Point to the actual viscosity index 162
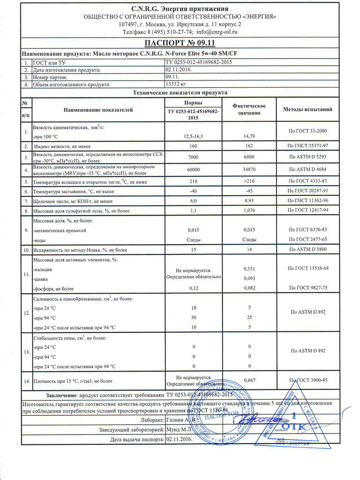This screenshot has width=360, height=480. coord(249,146)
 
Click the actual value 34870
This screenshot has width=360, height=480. coord(249,169)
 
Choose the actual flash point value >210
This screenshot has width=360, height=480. coord(249,181)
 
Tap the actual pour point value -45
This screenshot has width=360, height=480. coord(249,191)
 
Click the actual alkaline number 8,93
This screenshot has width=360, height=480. coord(249,201)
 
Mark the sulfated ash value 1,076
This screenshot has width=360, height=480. coord(249,211)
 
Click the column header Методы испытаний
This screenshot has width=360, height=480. coord(308,109)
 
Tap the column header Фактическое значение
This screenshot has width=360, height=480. coord(249,109)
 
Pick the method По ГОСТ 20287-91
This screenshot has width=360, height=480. coord(308,191)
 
